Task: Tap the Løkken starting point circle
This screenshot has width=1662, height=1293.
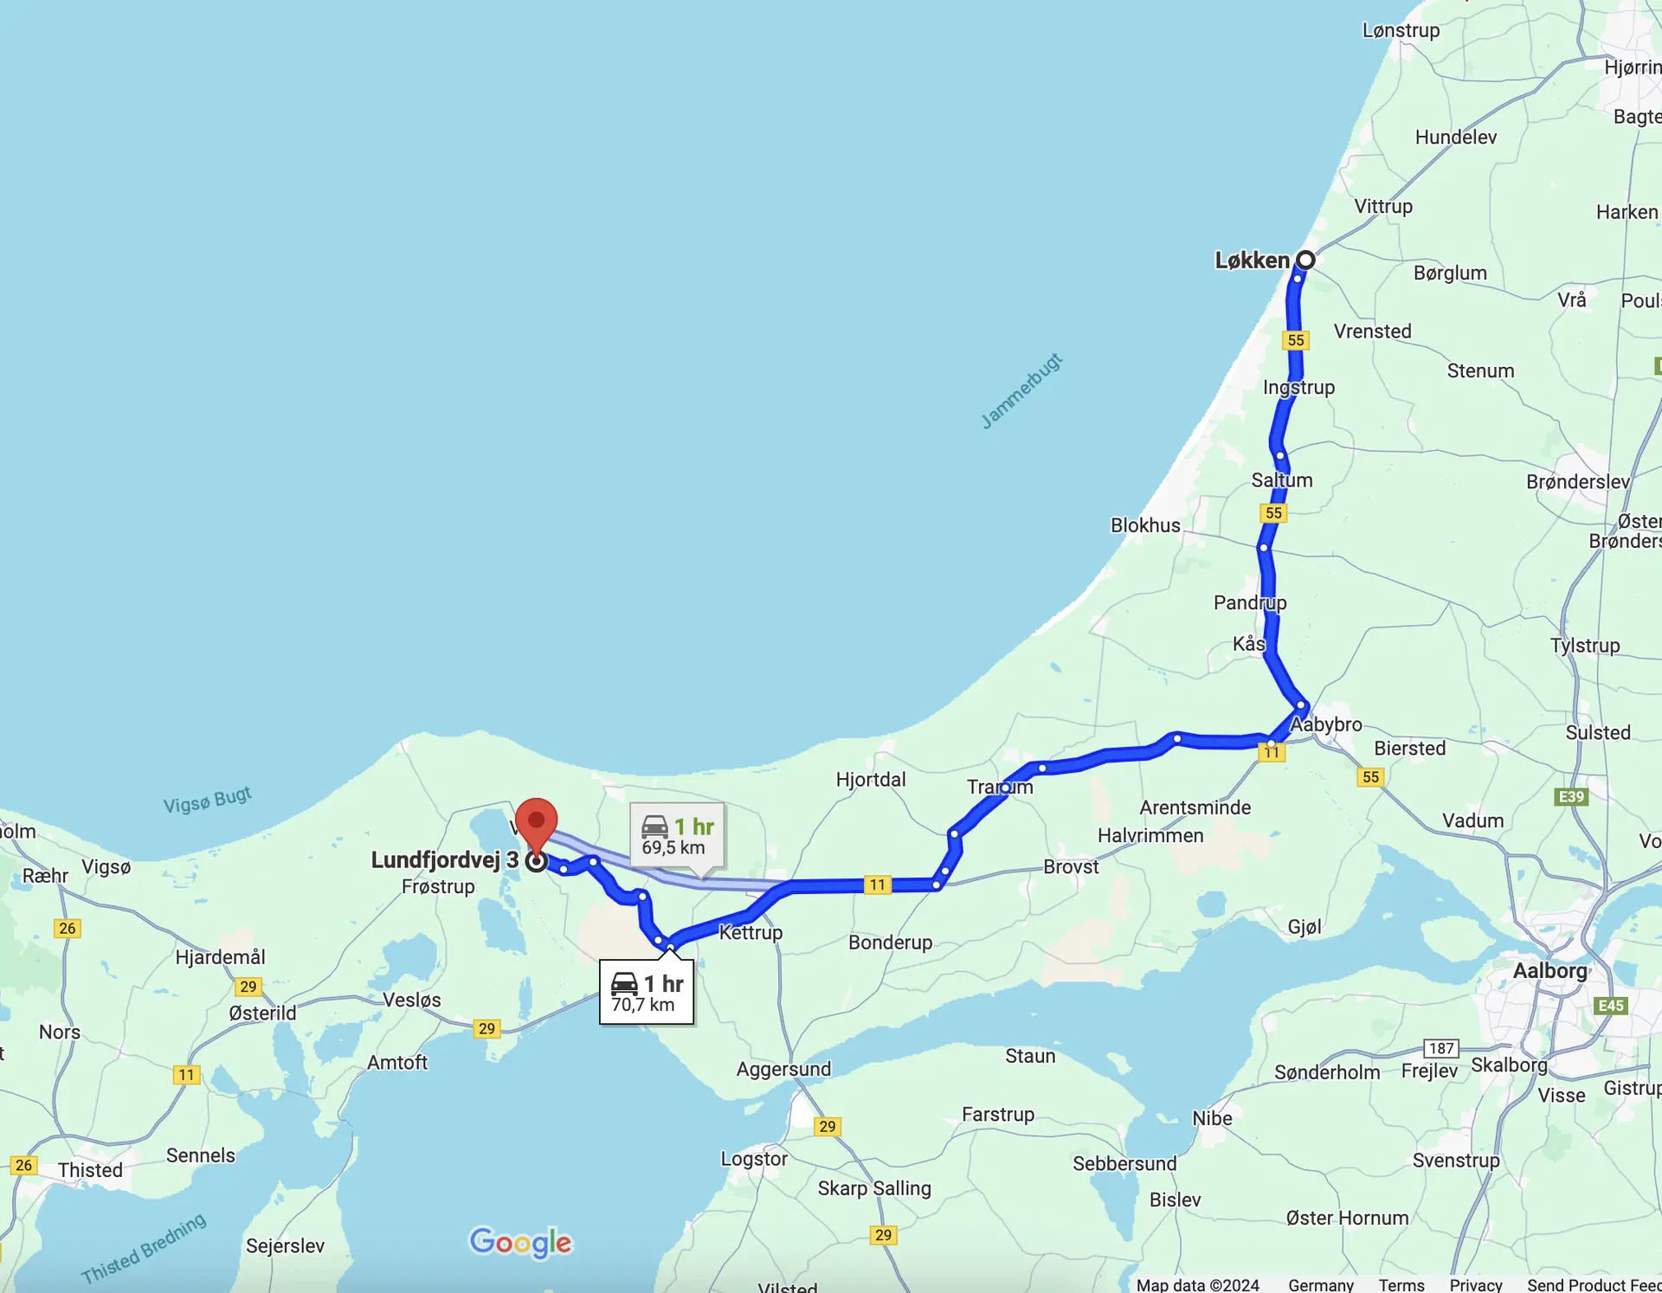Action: click(1305, 260)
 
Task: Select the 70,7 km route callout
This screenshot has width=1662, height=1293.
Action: click(647, 993)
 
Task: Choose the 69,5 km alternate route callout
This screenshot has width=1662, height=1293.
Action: click(677, 836)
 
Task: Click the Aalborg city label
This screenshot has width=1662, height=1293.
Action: click(1549, 970)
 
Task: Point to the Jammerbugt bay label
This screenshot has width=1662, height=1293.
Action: click(1021, 391)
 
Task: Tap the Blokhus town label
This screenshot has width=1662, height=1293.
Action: click(1145, 525)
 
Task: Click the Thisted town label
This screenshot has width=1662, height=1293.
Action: click(90, 1170)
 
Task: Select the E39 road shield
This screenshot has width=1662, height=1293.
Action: click(1571, 797)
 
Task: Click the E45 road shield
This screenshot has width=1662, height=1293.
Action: click(1610, 1005)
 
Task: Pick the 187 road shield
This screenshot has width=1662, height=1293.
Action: click(1441, 1048)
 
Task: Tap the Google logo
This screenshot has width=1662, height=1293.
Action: click(520, 1243)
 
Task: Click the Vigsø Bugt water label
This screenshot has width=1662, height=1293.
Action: click(208, 800)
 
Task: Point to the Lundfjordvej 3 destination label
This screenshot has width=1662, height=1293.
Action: click(444, 859)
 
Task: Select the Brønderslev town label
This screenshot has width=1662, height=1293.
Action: click(1577, 482)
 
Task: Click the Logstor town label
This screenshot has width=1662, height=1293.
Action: click(754, 1159)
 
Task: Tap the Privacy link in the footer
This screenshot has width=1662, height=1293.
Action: click(1475, 1284)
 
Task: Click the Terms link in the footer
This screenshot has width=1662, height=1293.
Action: click(1401, 1284)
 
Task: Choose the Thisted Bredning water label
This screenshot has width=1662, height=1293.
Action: click(144, 1248)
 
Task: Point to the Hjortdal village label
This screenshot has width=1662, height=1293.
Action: click(871, 779)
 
